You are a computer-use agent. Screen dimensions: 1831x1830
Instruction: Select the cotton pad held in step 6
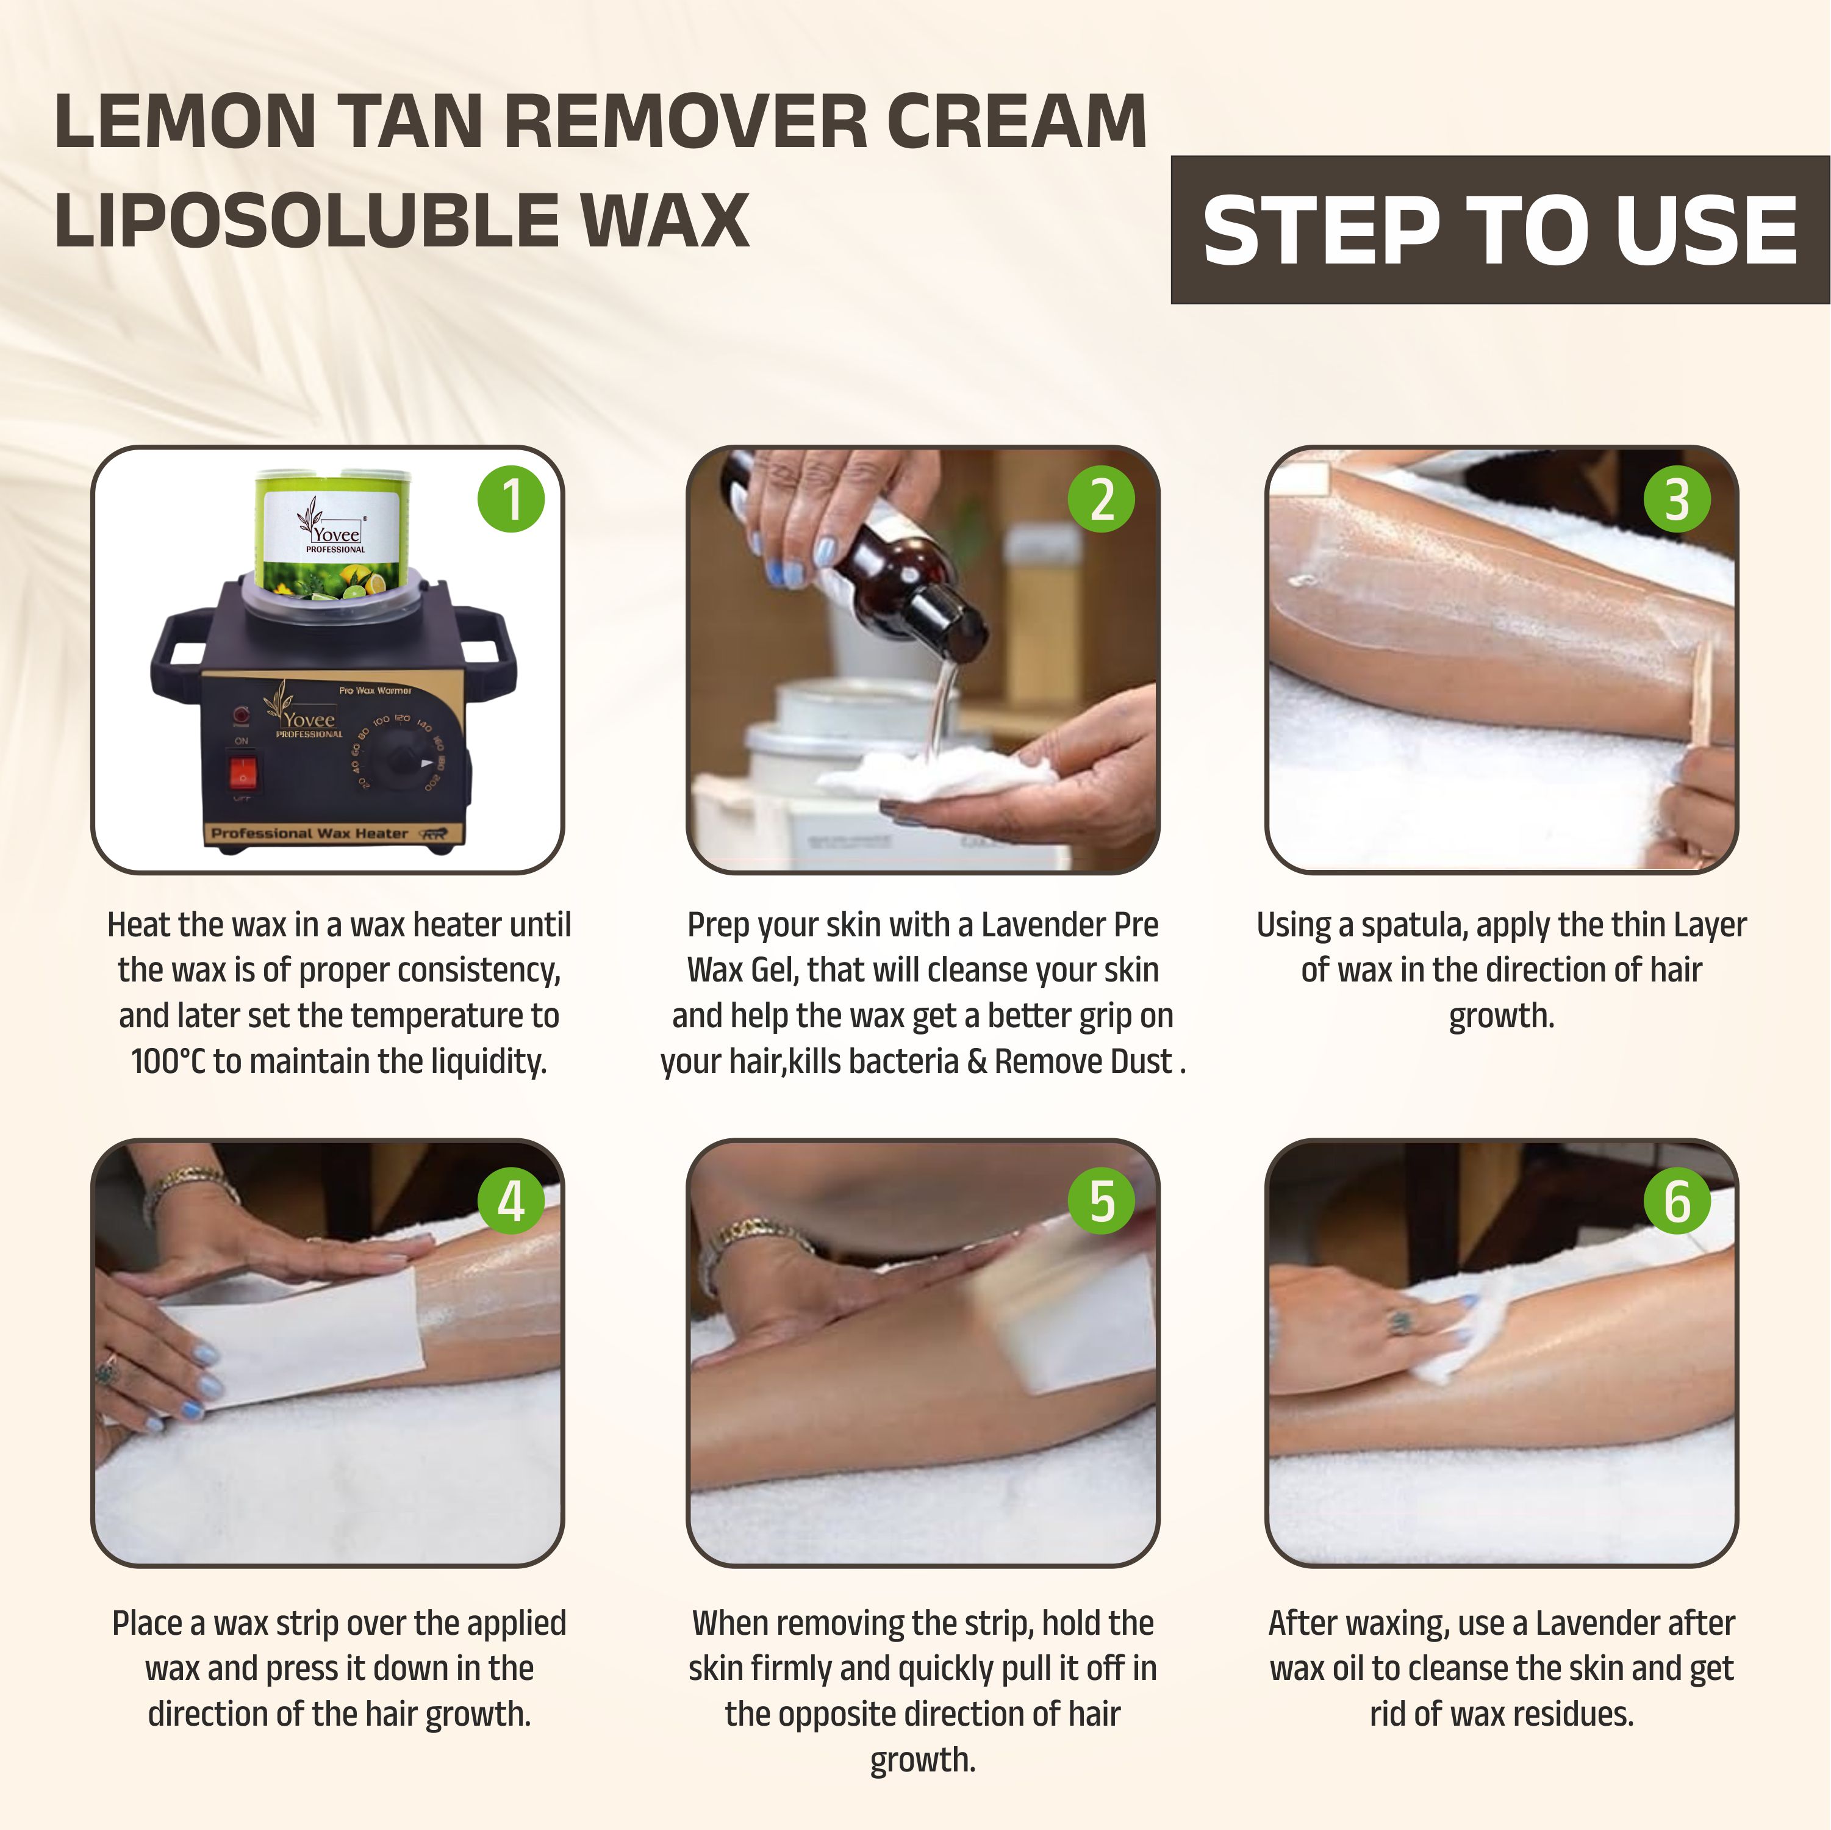(x=1455, y=1327)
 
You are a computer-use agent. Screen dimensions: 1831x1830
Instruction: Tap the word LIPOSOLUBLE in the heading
(x=307, y=220)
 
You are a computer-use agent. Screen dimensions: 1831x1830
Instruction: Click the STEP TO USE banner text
(x=1500, y=231)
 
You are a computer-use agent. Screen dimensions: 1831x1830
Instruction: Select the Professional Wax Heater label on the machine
(x=309, y=833)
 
